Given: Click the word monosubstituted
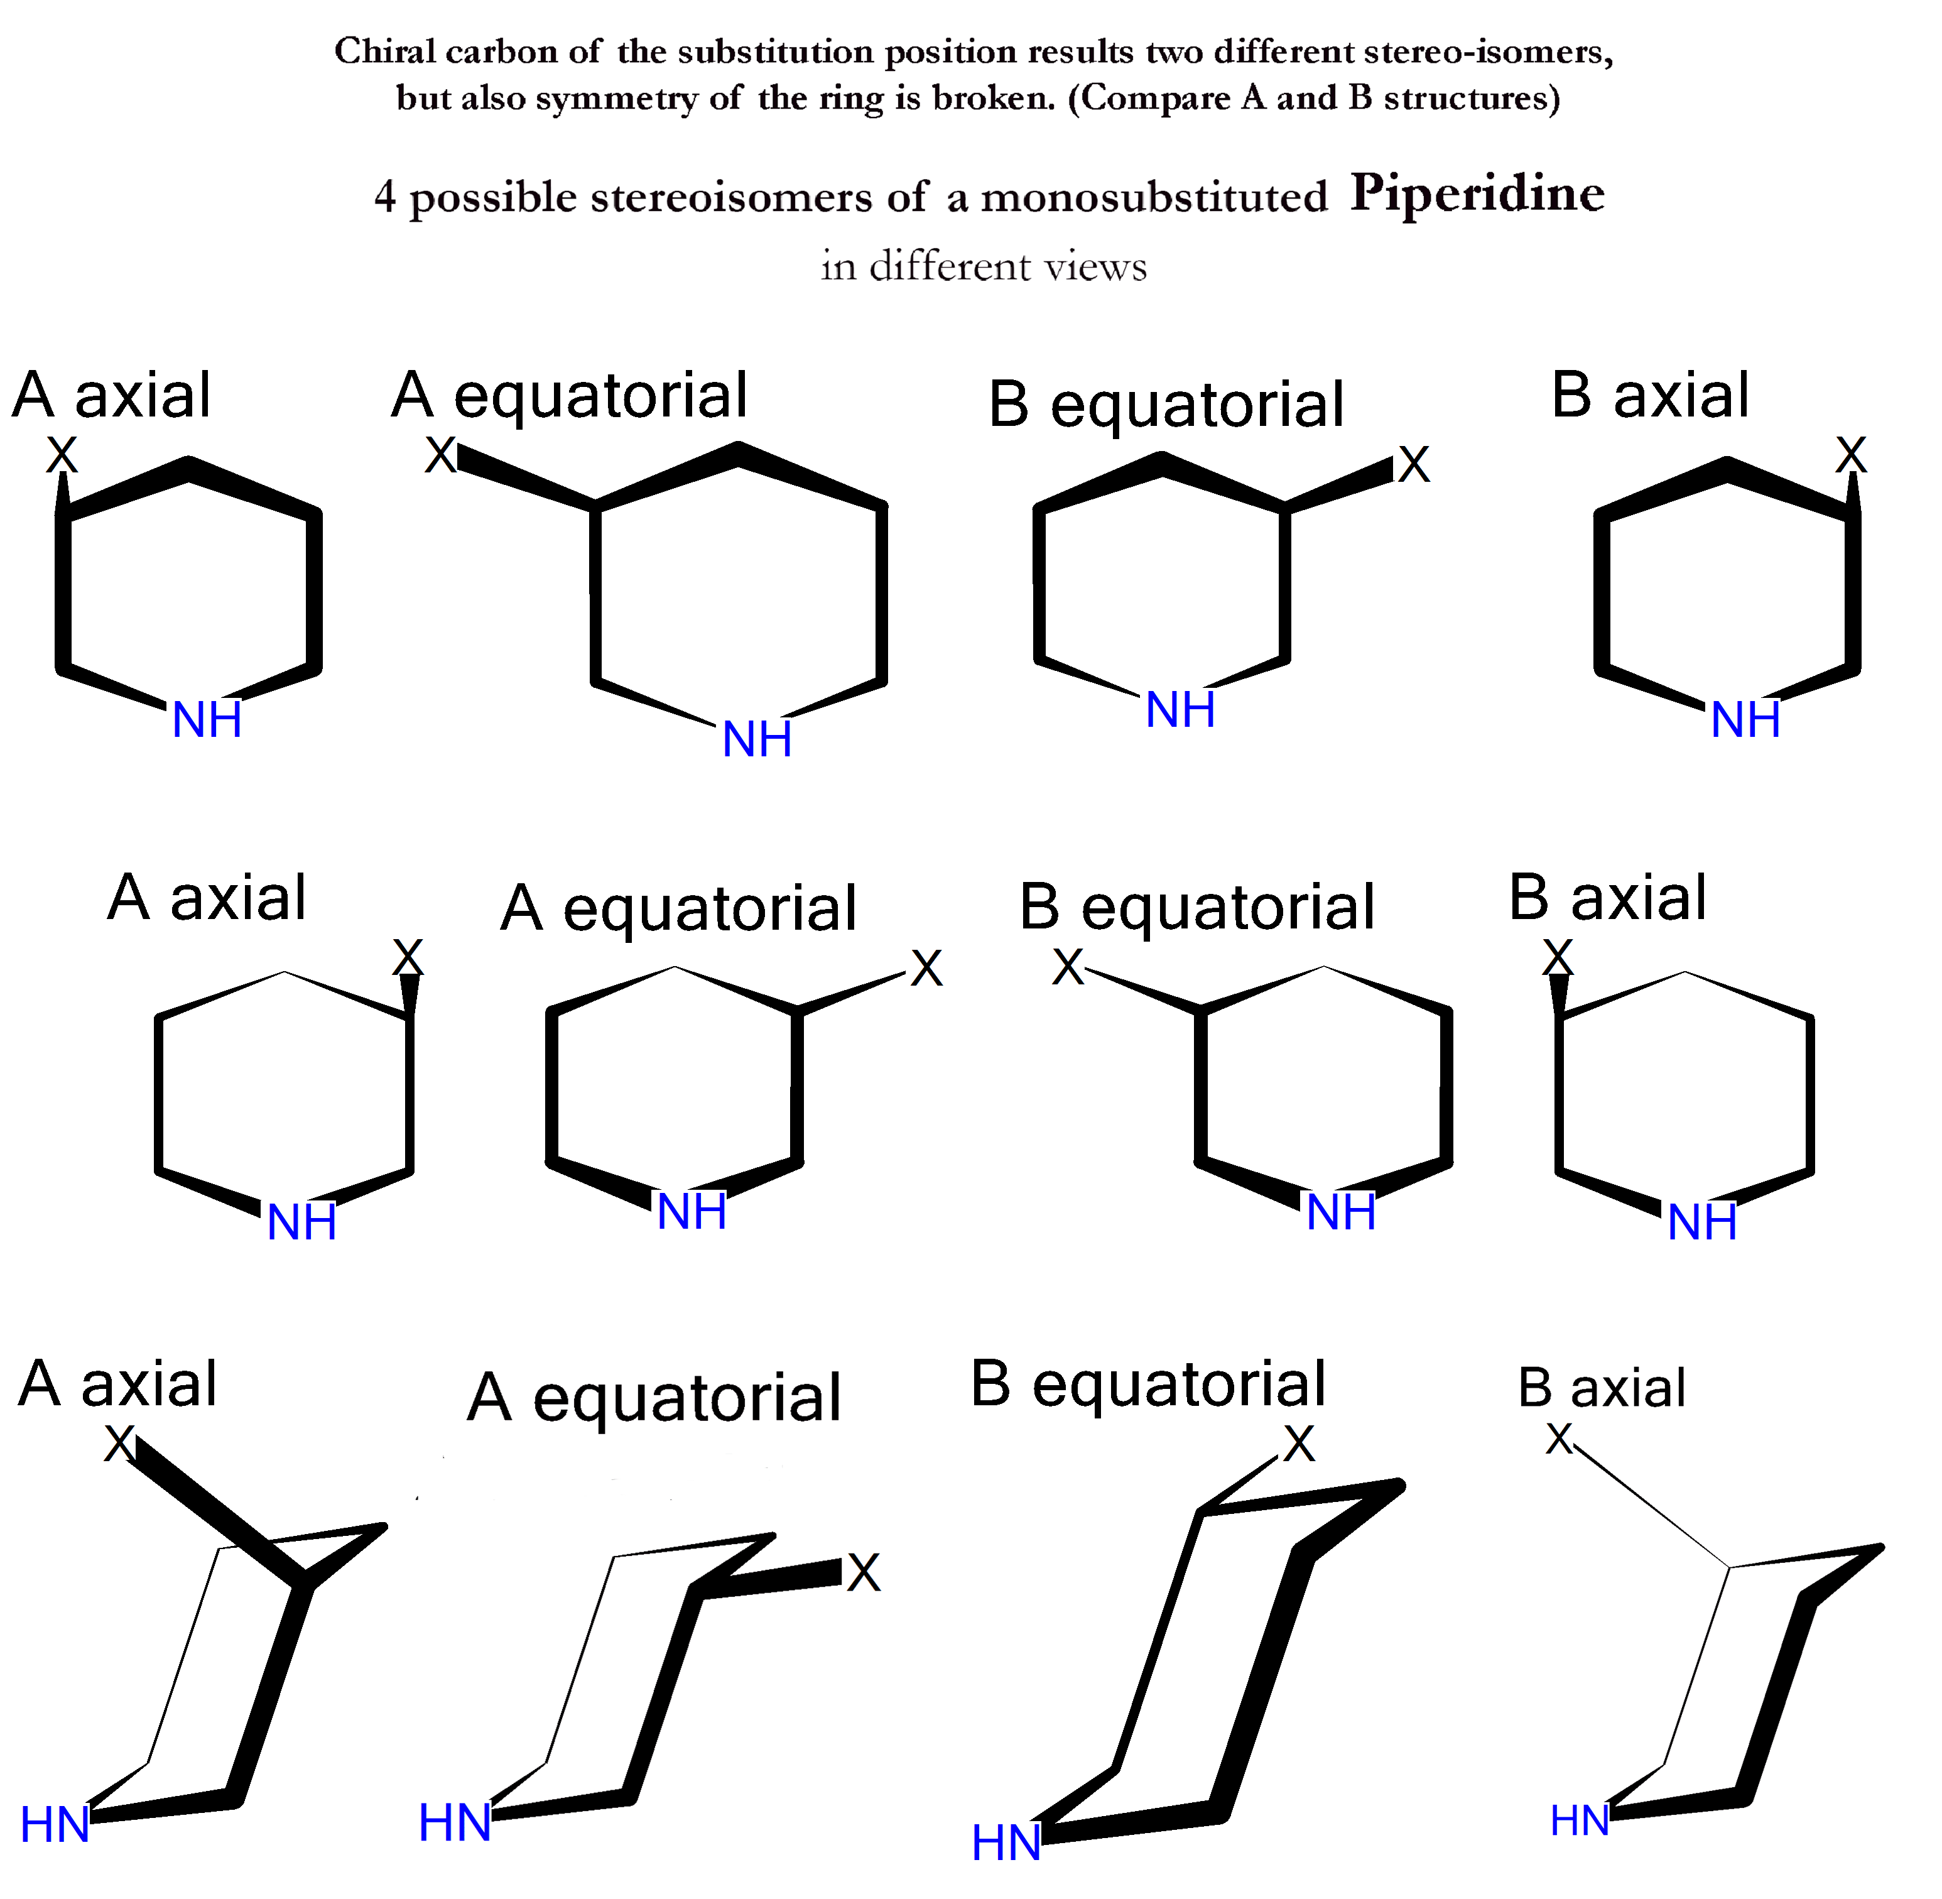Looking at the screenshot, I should tap(1154, 197).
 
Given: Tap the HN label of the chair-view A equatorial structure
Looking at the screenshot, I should tap(454, 1822).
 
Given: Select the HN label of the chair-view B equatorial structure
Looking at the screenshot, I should tap(1006, 1842).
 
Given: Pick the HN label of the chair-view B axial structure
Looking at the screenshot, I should tap(1579, 1820).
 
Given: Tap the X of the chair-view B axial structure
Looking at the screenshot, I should tap(1558, 1438).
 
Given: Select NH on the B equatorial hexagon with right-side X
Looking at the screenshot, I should tap(1180, 710).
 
